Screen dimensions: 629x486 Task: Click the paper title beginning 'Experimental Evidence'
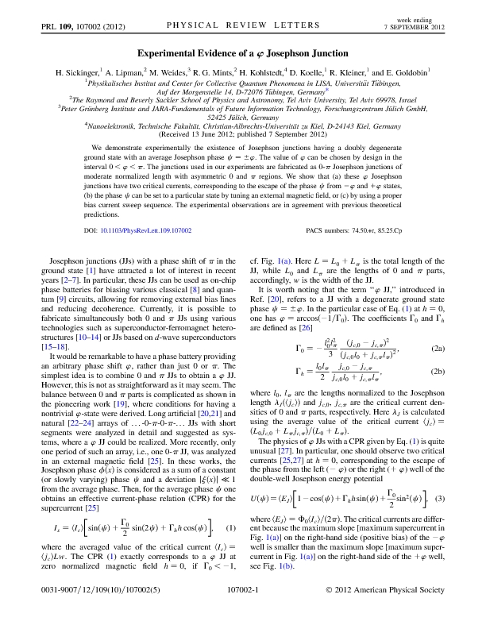tap(243, 50)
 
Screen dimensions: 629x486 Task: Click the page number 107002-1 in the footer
tap(242, 612)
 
